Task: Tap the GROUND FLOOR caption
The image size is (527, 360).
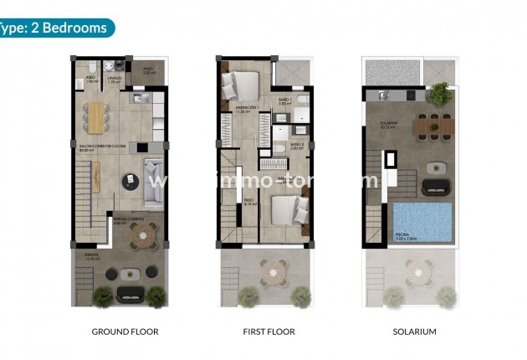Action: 125,332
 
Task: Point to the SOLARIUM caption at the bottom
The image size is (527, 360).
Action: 414,332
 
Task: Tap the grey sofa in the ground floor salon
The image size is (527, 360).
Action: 154,181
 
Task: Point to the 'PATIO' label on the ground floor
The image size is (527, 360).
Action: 147,70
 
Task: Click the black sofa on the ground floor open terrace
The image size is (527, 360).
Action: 130,292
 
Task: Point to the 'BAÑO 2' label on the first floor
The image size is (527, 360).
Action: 296,144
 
